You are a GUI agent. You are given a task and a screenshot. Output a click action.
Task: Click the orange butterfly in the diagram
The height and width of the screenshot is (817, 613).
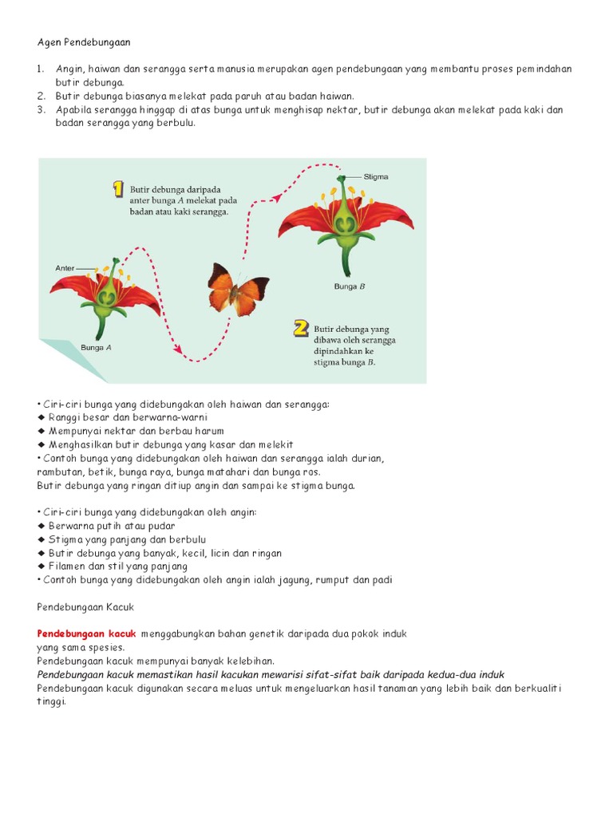(237, 290)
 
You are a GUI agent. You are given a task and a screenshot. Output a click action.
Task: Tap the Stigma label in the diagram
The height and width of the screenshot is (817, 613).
(375, 176)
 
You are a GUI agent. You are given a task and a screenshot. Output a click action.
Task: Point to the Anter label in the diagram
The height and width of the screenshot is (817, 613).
(65, 268)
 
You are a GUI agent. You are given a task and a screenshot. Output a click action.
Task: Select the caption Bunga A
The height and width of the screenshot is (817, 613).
(96, 347)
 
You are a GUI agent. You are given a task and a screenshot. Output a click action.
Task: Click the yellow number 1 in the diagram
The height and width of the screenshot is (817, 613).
(117, 189)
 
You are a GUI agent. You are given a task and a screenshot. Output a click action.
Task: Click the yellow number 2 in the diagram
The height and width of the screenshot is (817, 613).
(300, 328)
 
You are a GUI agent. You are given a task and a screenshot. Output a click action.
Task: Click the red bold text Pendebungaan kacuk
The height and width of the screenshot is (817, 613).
(87, 633)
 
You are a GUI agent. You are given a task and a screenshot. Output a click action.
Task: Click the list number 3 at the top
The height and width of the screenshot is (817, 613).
(41, 110)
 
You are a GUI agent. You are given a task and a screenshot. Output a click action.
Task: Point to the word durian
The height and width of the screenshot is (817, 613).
(368, 458)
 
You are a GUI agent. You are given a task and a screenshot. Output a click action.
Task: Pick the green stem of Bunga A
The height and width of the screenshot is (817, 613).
(101, 326)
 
